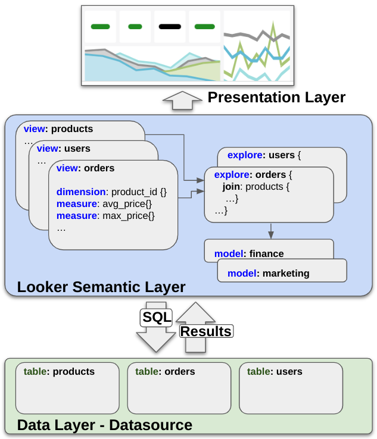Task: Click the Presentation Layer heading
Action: [276, 98]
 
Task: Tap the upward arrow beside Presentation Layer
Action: [183, 101]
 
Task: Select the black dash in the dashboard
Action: [170, 26]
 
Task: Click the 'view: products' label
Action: [58, 128]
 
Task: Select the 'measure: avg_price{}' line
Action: [105, 204]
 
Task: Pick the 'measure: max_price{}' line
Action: [105, 216]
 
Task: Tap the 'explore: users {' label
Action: [265, 155]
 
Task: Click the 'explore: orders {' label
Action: [253, 175]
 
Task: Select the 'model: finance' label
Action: [249, 254]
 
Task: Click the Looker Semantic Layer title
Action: [101, 287]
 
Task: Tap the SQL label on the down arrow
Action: [156, 316]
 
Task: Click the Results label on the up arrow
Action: [205, 331]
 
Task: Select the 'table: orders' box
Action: [179, 387]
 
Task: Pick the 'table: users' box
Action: [291, 387]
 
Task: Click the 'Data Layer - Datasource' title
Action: [105, 425]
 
